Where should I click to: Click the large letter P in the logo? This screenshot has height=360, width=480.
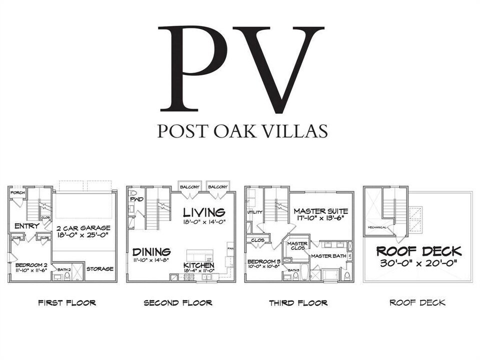point(192,68)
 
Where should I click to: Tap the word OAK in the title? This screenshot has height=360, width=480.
point(224,130)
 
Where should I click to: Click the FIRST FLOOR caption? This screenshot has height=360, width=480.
point(67,302)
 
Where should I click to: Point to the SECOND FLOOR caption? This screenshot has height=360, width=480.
point(178,302)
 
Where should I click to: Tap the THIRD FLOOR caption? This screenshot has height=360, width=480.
point(298,302)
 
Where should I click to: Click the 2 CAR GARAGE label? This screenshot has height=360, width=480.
point(83,227)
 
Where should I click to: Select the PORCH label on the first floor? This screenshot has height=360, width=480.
point(17,192)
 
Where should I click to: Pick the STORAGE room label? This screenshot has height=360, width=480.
point(99,268)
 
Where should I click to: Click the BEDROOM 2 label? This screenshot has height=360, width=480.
point(30,264)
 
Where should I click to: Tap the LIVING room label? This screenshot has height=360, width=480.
point(204,212)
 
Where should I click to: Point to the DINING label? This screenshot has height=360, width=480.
point(151,252)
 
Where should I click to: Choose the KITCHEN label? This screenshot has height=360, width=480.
point(198,265)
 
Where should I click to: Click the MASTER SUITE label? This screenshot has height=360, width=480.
point(320,211)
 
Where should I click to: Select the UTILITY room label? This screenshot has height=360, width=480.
point(254,212)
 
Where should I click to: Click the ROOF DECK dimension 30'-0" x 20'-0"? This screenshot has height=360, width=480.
point(418,263)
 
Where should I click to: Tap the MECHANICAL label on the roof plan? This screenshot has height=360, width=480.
point(377,227)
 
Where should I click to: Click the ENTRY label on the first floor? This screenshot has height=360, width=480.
point(27,226)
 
